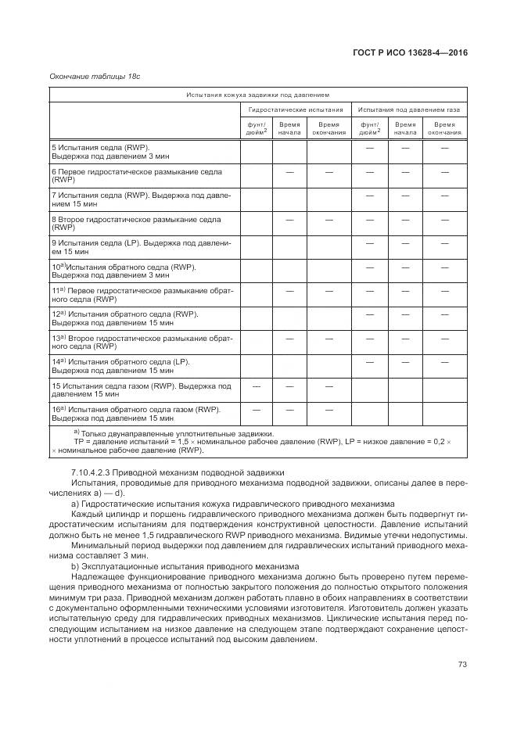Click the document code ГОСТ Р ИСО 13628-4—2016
(411, 52)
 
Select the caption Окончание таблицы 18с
(95, 76)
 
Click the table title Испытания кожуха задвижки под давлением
(258, 95)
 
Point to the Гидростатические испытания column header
(296, 110)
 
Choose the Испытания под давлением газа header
(409, 110)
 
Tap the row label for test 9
(141, 247)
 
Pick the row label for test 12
(125, 318)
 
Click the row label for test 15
(141, 389)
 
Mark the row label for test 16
(135, 413)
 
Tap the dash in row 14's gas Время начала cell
(405, 362)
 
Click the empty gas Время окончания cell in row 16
(444, 413)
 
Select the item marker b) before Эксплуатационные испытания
(76, 563)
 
